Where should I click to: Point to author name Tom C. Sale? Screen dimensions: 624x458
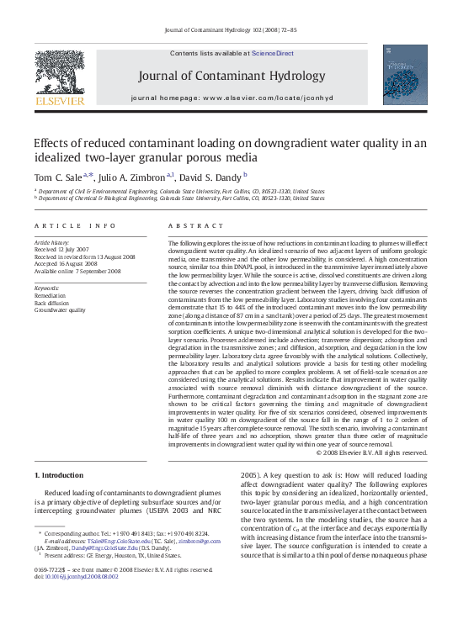click(x=58, y=177)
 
